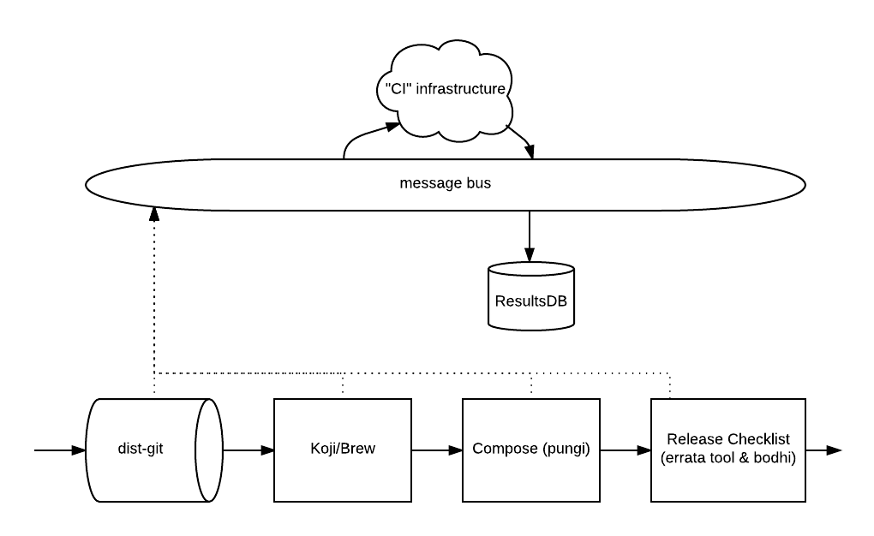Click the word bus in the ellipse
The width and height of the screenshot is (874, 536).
tap(477, 183)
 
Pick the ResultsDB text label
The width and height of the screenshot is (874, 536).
tap(531, 301)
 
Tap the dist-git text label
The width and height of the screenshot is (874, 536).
tap(140, 449)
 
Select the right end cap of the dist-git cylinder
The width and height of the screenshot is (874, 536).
tap(208, 450)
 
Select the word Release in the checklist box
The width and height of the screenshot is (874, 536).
tap(695, 439)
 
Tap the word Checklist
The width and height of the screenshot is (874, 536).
tap(758, 439)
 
